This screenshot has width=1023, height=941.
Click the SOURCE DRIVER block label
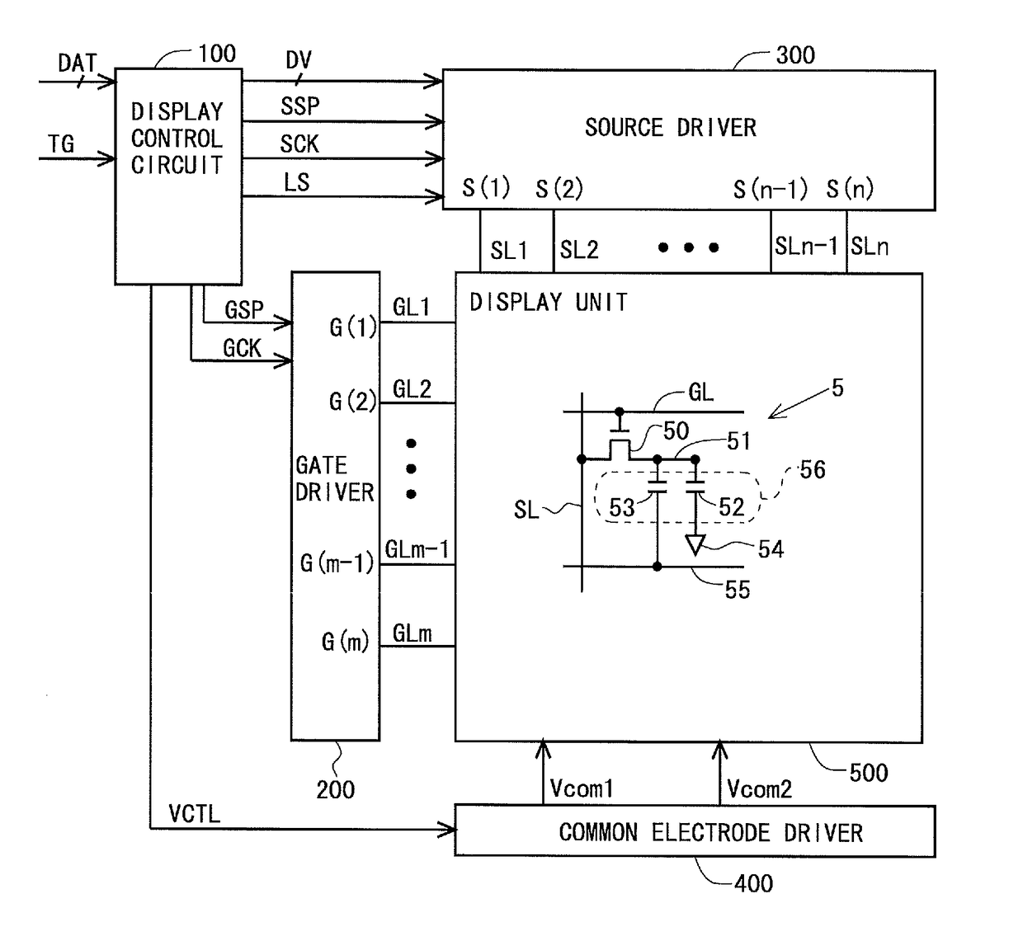(x=670, y=128)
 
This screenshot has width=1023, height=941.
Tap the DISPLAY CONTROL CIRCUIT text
(x=177, y=139)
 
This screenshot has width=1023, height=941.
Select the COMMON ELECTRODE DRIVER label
(x=711, y=833)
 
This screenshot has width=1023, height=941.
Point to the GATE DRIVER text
(x=335, y=479)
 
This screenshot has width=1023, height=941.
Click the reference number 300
(x=795, y=55)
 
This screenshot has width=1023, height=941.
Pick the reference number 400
(x=754, y=883)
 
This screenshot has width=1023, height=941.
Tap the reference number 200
(x=336, y=790)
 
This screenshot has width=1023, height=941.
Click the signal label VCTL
(x=195, y=814)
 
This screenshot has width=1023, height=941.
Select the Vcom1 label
(x=582, y=789)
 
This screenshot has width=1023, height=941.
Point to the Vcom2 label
(x=760, y=789)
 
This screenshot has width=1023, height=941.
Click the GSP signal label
(x=244, y=309)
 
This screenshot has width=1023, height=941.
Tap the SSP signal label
(x=299, y=106)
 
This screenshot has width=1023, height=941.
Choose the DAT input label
(x=77, y=64)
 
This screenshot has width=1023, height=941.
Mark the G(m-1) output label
(x=337, y=563)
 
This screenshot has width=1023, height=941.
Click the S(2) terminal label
(x=559, y=189)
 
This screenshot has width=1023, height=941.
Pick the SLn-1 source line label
(x=806, y=247)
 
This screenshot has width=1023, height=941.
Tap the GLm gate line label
(x=412, y=633)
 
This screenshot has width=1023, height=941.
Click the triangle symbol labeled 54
(x=695, y=544)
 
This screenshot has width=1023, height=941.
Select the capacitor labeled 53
(x=658, y=486)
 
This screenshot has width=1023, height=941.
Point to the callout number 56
(x=813, y=469)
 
